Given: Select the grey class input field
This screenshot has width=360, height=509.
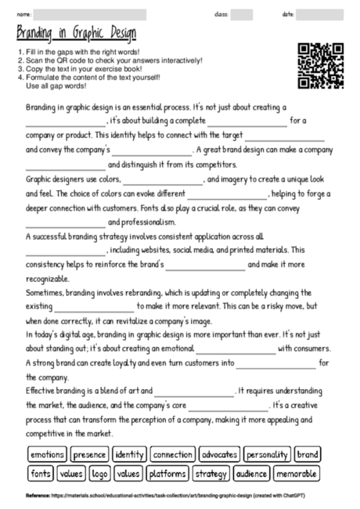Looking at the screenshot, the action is tap(241, 14).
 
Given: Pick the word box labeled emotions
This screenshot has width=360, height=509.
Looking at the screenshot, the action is tap(47, 454).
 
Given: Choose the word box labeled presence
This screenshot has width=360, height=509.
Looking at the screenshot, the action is tap(90, 454).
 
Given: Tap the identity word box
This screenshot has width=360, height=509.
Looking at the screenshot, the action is tap(129, 454).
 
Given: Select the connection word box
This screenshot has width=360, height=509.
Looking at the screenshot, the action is tap(172, 454).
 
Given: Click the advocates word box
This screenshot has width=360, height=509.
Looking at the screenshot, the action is tap(219, 454).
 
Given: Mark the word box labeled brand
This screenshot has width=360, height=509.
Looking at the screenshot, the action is tap(308, 454).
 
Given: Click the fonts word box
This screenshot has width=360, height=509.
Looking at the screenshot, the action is tap(39, 473).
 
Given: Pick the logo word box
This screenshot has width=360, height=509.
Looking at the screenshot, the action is tap(99, 473).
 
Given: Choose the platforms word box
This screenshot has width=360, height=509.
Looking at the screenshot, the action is tap(166, 473).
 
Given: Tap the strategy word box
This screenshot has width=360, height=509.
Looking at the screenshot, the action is tap(211, 473).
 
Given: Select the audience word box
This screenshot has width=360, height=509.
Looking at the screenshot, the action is tap(252, 473).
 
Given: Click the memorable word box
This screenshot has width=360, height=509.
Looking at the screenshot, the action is tap(297, 473).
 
